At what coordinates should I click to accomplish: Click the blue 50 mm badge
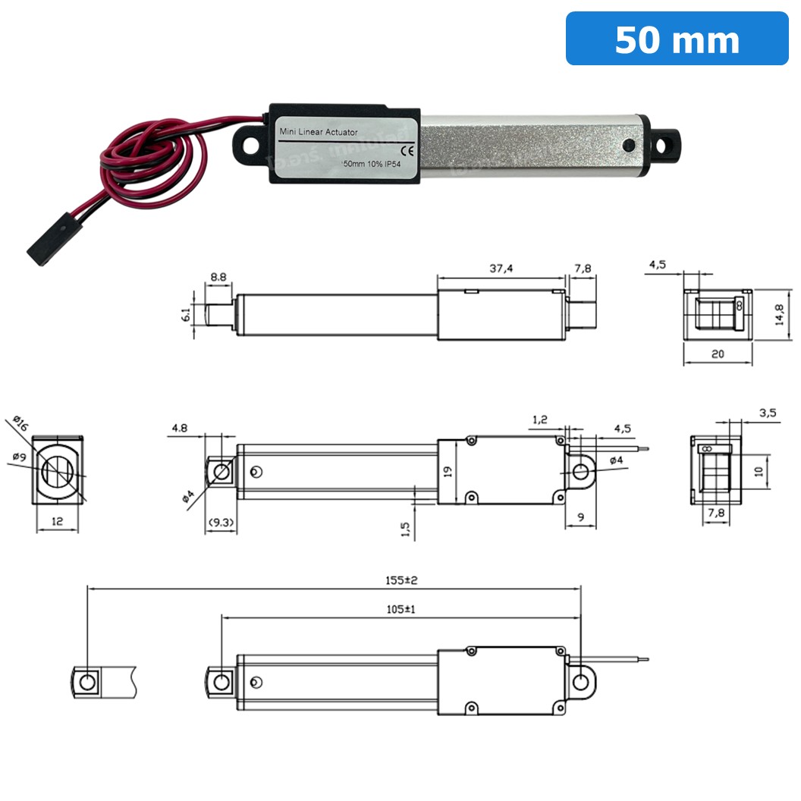(x=677, y=39)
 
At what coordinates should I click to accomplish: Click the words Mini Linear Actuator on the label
(x=319, y=132)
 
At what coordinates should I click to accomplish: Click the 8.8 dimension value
(x=218, y=278)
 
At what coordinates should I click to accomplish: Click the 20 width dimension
(x=717, y=354)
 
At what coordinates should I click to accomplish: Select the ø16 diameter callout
(x=20, y=425)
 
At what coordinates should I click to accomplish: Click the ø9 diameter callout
(x=20, y=457)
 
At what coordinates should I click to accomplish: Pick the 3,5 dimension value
(x=767, y=413)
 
